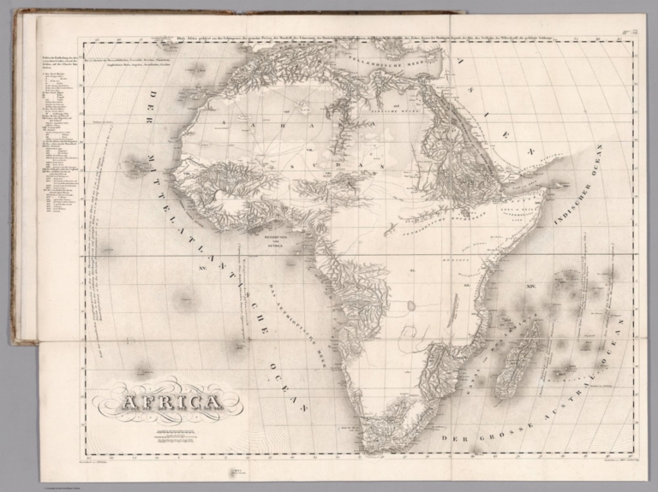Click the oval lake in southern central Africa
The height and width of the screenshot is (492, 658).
pyautogui.click(x=411, y=305)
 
